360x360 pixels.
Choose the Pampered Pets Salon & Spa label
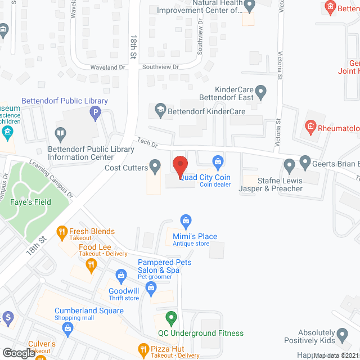point(165,266)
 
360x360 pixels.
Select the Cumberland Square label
point(89,311)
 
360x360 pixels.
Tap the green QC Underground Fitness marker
point(173,318)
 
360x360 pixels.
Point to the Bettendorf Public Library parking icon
point(95,114)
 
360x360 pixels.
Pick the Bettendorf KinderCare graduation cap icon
point(160,110)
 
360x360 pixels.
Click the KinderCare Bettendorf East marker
point(260,91)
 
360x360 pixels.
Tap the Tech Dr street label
point(147,143)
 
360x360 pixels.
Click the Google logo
point(18,353)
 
